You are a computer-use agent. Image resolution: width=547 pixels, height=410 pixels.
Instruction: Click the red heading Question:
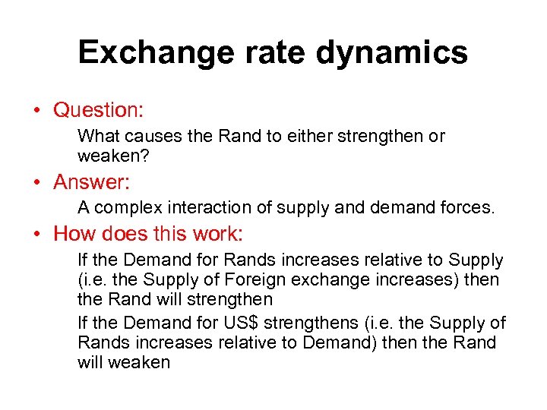point(99,110)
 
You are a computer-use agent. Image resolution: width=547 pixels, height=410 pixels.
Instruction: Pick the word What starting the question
point(96,137)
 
